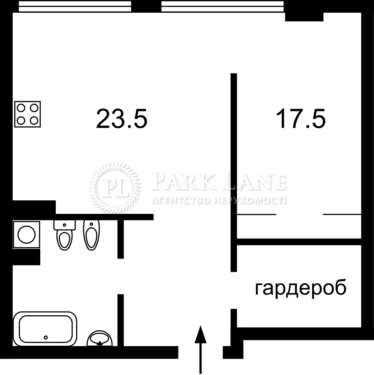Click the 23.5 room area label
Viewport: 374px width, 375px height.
pyautogui.click(x=122, y=119)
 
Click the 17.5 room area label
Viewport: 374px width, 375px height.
pyautogui.click(x=301, y=119)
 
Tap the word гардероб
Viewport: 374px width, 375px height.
pyautogui.click(x=301, y=288)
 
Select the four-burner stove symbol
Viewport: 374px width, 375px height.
pyautogui.click(x=27, y=114)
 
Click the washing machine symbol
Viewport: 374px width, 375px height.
pyautogui.click(x=27, y=234)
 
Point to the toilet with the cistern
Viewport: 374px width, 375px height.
pyautogui.click(x=64, y=235)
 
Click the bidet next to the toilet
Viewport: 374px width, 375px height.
pyautogui.click(x=92, y=235)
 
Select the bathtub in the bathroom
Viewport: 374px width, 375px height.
pyautogui.click(x=45, y=328)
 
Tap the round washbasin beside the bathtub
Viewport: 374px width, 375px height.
pyautogui.click(x=100, y=338)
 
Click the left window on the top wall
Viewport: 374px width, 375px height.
pyautogui.click(x=75, y=7)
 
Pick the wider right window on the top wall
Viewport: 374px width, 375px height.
pyautogui.click(x=223, y=7)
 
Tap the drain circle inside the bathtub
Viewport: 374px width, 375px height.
pyautogui.click(x=46, y=337)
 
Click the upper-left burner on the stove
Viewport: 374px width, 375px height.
pyautogui.click(x=21, y=108)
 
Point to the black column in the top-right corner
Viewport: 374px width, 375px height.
pyautogui.click(x=304, y=17)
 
